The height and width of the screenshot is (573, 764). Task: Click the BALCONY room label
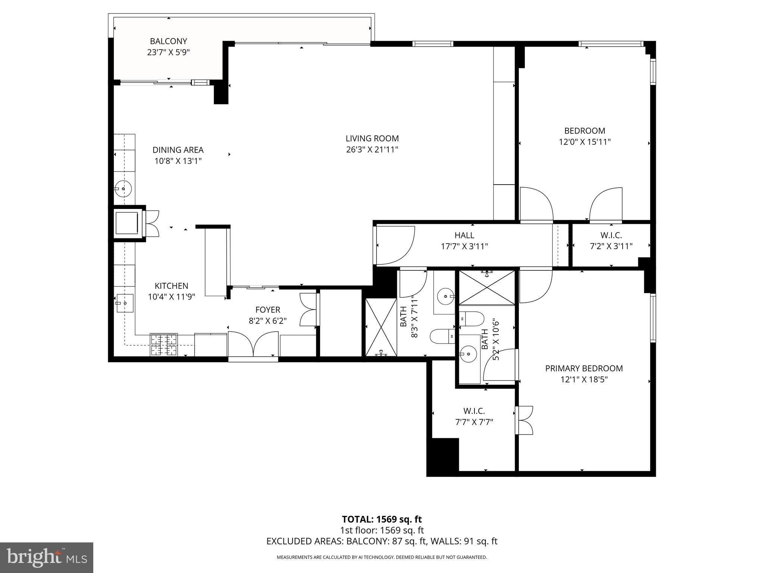[x=168, y=41]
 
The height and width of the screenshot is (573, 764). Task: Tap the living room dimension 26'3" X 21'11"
[x=372, y=150]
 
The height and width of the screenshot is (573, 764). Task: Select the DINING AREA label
[x=178, y=150]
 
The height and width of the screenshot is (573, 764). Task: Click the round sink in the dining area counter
[x=123, y=188]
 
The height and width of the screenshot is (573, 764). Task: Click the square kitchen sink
[x=124, y=303]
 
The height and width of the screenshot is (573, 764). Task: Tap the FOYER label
[x=267, y=310]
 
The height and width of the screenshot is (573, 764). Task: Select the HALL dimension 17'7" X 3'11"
[x=464, y=246]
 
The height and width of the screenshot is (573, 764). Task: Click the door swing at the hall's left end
[x=395, y=244]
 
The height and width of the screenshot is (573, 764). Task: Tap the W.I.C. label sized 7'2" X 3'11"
[x=611, y=235]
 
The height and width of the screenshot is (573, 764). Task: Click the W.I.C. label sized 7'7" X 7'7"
[x=474, y=411]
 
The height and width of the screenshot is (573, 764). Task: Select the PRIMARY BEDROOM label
[x=584, y=369]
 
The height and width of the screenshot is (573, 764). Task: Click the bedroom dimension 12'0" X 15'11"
[x=585, y=142]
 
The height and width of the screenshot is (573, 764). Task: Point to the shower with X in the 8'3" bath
[x=381, y=327]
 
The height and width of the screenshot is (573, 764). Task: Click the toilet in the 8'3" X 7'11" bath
[x=442, y=336]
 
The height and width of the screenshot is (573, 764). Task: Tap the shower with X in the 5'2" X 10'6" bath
[x=486, y=288]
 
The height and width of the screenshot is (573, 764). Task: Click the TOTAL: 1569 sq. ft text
[x=382, y=519]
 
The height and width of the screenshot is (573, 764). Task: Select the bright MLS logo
[x=47, y=557]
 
